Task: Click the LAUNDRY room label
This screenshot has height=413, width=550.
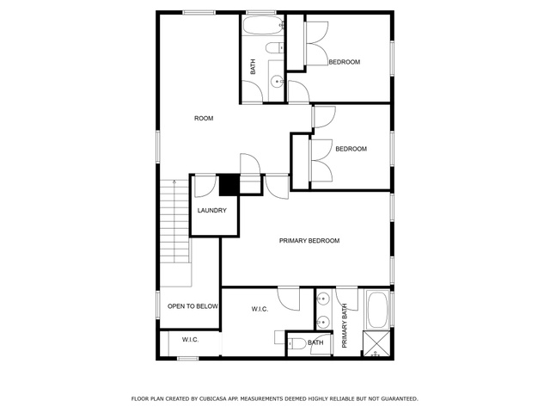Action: point(212,210)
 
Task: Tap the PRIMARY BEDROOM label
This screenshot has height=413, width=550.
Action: point(309,241)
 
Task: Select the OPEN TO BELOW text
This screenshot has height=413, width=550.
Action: point(192,306)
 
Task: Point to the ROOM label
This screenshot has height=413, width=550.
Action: point(204,119)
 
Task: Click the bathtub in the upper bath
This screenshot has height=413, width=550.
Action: point(262,25)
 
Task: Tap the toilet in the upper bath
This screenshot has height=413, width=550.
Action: point(275,48)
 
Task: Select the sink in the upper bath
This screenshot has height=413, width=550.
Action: point(277,82)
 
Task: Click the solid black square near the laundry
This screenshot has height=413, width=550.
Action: point(229,185)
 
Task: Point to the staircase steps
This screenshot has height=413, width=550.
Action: point(174,221)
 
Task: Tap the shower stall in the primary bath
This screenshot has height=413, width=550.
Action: point(376,343)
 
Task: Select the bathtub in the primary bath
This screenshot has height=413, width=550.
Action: point(377,310)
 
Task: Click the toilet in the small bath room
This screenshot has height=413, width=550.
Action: point(296,343)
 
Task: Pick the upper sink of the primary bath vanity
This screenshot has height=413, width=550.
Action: point(322,299)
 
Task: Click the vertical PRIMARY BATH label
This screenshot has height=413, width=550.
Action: point(345,325)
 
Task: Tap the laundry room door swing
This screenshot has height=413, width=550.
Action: point(205,186)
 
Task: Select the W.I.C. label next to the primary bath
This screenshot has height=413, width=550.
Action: point(260,309)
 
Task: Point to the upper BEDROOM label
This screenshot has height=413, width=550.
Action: point(345,62)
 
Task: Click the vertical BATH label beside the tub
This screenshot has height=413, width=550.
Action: point(253,67)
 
